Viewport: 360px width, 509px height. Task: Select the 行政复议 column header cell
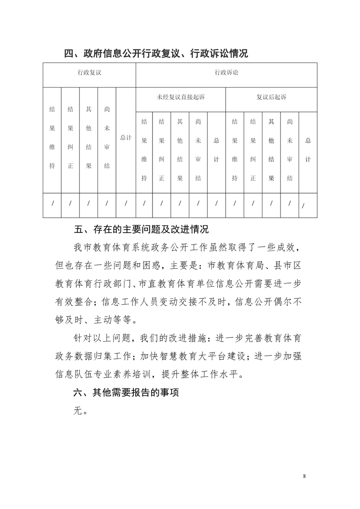click(x=89, y=73)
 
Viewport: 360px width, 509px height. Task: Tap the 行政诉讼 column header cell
click(x=226, y=73)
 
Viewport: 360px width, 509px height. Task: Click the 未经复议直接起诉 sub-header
click(x=181, y=97)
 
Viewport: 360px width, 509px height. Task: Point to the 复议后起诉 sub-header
click(x=271, y=97)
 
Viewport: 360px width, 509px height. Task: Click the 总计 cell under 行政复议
click(x=126, y=137)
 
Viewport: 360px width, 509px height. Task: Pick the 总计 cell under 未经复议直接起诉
click(x=217, y=150)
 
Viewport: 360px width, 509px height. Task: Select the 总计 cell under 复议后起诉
click(x=308, y=150)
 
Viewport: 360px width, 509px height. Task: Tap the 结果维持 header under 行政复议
click(x=52, y=137)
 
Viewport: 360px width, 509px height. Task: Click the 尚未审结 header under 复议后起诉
click(x=290, y=150)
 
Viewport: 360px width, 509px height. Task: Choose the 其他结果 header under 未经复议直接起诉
click(x=180, y=150)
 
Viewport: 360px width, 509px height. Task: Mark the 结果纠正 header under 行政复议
click(x=70, y=137)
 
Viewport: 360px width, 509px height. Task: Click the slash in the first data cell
click(x=52, y=204)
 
